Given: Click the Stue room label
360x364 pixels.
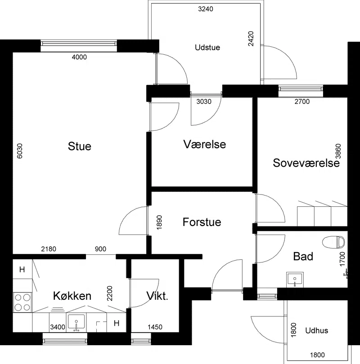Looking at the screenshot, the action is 80,146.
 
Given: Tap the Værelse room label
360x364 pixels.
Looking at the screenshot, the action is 204,144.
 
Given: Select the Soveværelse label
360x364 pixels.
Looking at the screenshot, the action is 306,163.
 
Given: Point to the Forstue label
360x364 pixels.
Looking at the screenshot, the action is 202,222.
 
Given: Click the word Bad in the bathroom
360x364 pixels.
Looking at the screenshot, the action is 303,256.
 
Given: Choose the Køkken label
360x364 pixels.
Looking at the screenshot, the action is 72,296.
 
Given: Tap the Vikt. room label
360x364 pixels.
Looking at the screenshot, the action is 157,296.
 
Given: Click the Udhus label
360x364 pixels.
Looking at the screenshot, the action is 316,330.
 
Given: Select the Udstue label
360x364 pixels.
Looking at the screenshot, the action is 207,47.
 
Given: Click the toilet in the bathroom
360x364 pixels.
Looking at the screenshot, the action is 333,242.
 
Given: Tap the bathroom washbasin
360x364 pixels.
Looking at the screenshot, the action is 295,279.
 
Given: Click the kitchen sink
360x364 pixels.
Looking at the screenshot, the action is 76,323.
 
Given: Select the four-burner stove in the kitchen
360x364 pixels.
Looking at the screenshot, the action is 22,302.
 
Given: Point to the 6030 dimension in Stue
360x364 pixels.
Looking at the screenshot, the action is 20,151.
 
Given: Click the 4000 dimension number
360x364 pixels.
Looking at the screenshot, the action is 79,57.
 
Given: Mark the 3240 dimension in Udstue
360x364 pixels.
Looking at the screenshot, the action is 206,9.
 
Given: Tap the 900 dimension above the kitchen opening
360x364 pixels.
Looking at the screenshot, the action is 100,249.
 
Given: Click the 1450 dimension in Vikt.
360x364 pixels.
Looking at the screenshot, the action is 155,327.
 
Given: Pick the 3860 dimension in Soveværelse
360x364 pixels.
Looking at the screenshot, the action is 338,151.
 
